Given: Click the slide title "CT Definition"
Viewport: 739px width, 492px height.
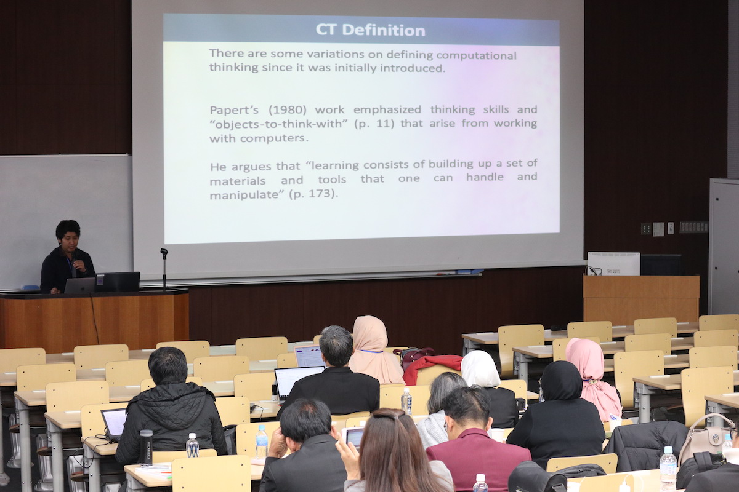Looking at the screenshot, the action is tap(371, 30).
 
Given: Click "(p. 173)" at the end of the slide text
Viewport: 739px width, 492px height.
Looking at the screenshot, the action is tap(313, 194).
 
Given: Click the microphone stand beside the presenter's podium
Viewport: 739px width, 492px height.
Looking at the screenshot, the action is tap(164, 269).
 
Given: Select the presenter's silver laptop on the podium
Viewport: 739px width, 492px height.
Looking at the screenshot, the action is tap(79, 285).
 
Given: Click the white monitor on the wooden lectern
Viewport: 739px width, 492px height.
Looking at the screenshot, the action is tap(613, 264).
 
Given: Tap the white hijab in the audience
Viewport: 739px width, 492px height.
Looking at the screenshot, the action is tap(480, 368).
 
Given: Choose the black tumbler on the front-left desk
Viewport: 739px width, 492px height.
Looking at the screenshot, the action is tap(146, 447).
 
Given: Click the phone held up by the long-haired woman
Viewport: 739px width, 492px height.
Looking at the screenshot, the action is tap(353, 437).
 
